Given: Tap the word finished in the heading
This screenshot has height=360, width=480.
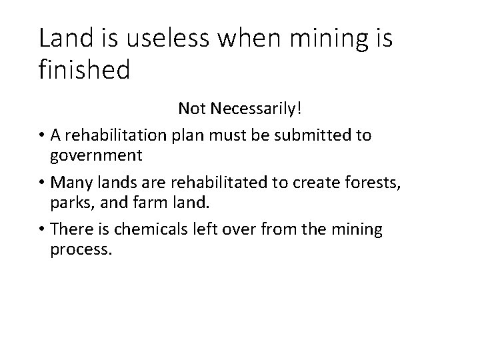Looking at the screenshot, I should pos(84,69).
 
